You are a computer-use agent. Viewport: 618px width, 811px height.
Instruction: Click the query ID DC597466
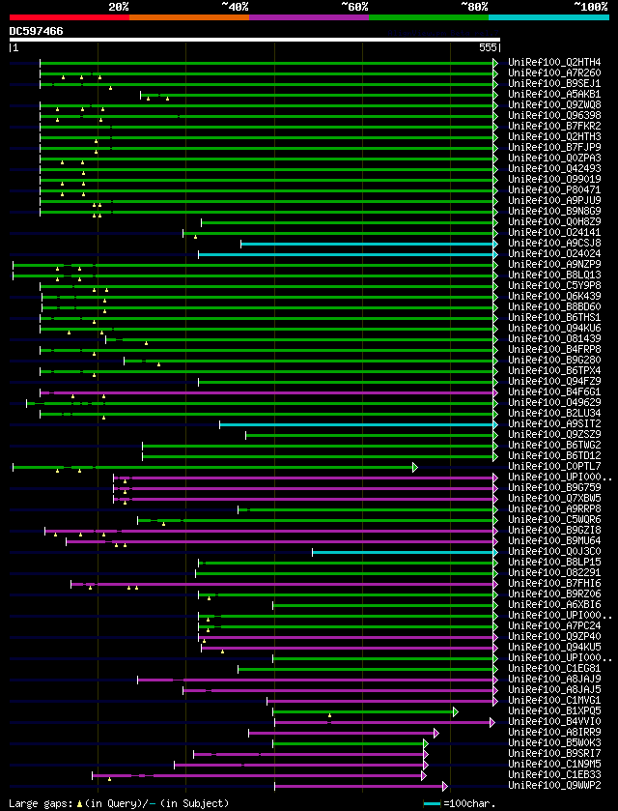pyautogui.click(x=36, y=31)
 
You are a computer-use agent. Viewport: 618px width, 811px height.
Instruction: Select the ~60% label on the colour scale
pyautogui.click(x=354, y=6)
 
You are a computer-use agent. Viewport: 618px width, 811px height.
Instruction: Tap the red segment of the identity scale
pyautogui.click(x=69, y=16)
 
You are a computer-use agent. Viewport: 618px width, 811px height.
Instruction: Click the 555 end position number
pyautogui.click(x=488, y=46)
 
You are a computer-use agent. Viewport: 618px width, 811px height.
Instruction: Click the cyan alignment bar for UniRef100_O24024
pyautogui.click(x=348, y=254)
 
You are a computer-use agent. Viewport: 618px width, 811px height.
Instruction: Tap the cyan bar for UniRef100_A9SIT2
pyautogui.click(x=357, y=424)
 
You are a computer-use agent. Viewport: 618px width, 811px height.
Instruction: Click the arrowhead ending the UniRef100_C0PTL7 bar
pyautogui.click(x=415, y=467)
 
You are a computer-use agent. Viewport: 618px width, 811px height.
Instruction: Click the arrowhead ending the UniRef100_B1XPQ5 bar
pyautogui.click(x=455, y=711)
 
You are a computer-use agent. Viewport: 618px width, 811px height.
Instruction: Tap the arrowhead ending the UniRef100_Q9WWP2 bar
pyautogui.click(x=444, y=786)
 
